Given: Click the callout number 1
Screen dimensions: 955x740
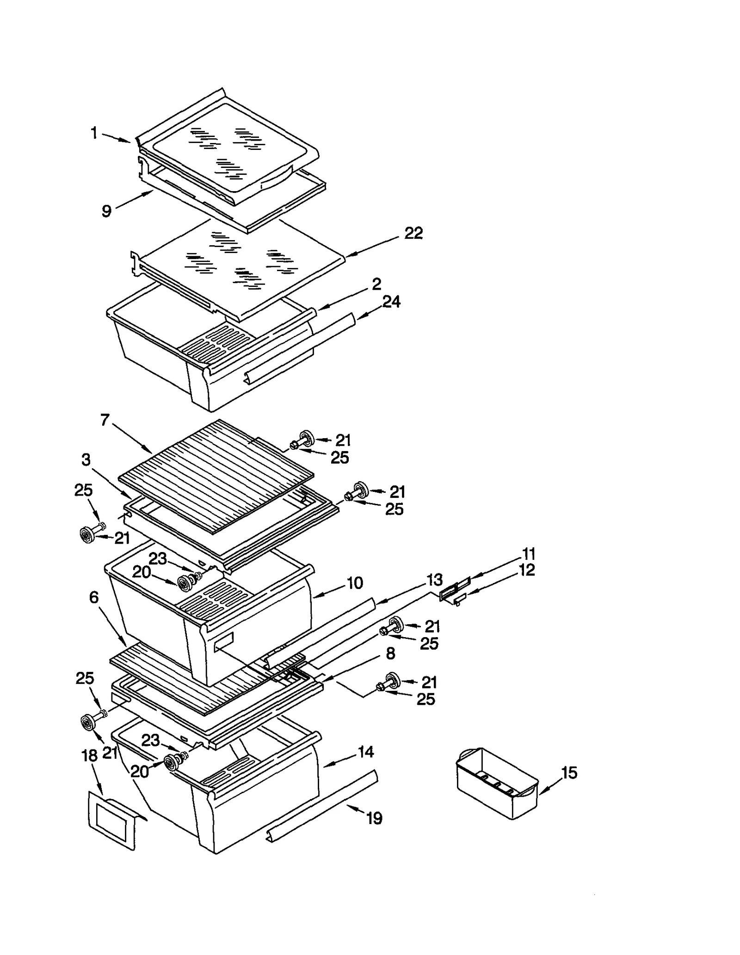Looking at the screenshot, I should [94, 133].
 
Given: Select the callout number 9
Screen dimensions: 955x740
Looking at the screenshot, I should [106, 211].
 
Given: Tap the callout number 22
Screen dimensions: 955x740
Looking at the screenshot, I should [413, 233].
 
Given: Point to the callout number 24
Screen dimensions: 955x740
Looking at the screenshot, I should [391, 302].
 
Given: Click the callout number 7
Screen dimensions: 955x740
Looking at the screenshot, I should [105, 420].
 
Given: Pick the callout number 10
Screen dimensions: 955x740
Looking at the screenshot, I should [355, 583].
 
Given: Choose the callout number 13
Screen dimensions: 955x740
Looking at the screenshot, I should [434, 579].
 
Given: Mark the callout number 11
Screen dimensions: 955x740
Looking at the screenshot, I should [528, 554].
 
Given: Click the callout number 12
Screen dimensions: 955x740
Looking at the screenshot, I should [527, 570].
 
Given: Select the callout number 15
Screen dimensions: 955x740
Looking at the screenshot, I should [569, 772].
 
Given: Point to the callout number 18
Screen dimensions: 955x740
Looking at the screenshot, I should [90, 756].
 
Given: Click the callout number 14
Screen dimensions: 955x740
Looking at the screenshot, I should [365, 752].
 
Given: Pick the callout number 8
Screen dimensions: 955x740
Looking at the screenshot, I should [390, 653].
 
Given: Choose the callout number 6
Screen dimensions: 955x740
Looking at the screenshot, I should [94, 597].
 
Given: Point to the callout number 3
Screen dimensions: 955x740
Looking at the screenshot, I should [86, 460].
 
